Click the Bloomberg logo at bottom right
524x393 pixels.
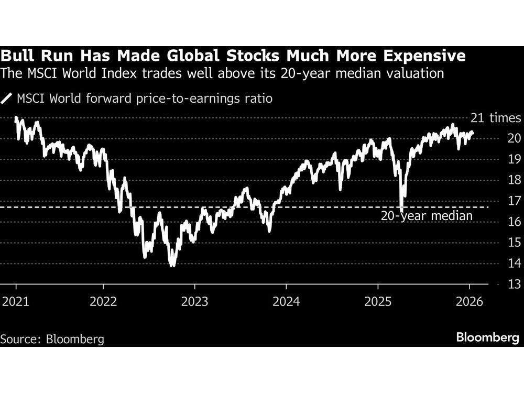tap(487, 338)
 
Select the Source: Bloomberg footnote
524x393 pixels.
tap(52, 339)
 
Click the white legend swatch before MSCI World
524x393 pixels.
tap(7, 98)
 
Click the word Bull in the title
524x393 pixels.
tap(16, 56)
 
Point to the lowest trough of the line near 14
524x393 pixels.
tap(172, 265)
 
